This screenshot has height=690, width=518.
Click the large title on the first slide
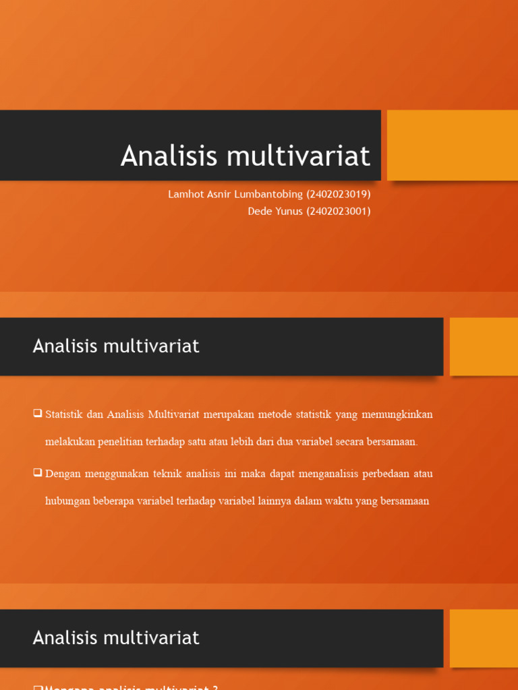[246, 156]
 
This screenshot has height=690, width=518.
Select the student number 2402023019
[339, 195]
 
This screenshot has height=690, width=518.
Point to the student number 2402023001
[339, 211]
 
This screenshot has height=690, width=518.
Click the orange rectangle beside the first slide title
[452, 146]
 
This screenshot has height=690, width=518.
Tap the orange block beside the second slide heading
[484, 346]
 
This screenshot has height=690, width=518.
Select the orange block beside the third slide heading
[484, 638]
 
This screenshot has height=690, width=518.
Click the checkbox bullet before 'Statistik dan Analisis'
[38, 413]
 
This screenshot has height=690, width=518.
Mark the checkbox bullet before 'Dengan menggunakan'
[38, 472]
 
